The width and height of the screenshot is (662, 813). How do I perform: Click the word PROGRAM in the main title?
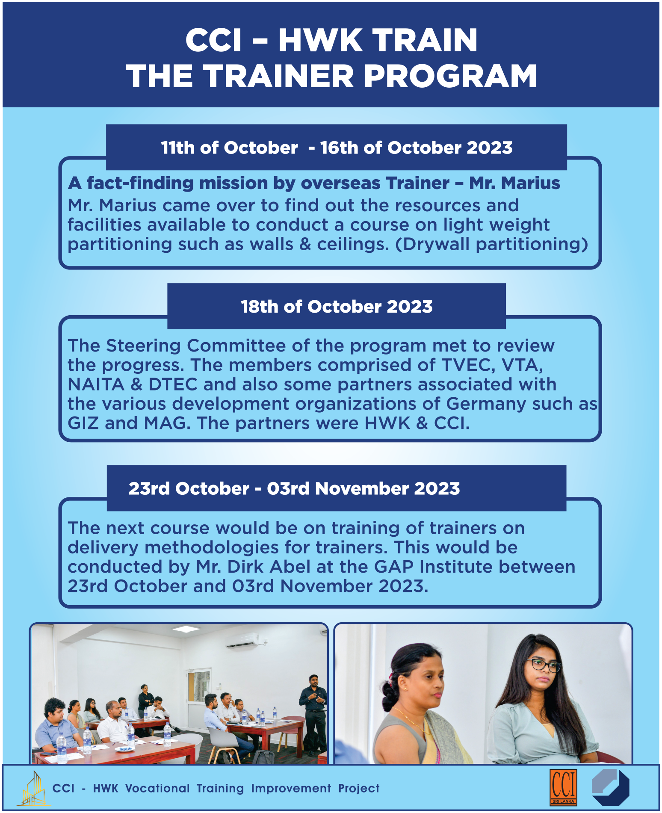450,76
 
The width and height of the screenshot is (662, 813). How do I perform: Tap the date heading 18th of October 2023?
337,307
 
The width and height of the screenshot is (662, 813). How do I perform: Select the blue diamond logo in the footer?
610,787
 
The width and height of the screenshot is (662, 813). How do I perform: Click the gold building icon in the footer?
34,788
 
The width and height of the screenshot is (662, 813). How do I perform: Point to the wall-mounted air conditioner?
242,640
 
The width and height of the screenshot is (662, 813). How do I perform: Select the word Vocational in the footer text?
157,788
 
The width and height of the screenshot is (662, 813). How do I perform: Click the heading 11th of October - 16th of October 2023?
337,148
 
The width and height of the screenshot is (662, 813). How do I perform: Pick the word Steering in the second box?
144,346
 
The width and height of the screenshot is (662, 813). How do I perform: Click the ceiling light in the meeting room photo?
186,629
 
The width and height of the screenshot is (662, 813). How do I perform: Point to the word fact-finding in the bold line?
140,183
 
